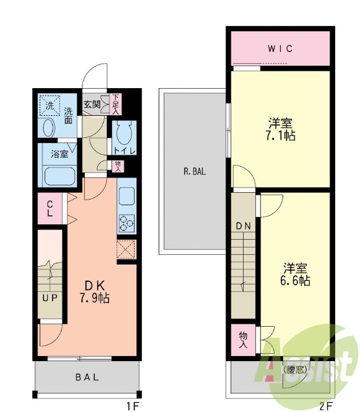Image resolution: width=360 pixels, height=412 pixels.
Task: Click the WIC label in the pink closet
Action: (x=280, y=49)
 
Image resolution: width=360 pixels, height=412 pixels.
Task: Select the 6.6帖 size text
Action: (x=296, y=280)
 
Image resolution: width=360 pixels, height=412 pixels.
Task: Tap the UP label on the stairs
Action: (x=50, y=298)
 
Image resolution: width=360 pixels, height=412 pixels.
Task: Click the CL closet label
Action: (x=50, y=208)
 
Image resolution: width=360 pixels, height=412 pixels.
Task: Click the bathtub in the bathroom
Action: (x=58, y=176)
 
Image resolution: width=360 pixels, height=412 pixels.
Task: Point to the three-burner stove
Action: (x=127, y=224)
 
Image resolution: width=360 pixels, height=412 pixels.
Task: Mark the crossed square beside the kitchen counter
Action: (x=126, y=249)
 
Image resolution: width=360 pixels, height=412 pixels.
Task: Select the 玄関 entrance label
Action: (x=92, y=104)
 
